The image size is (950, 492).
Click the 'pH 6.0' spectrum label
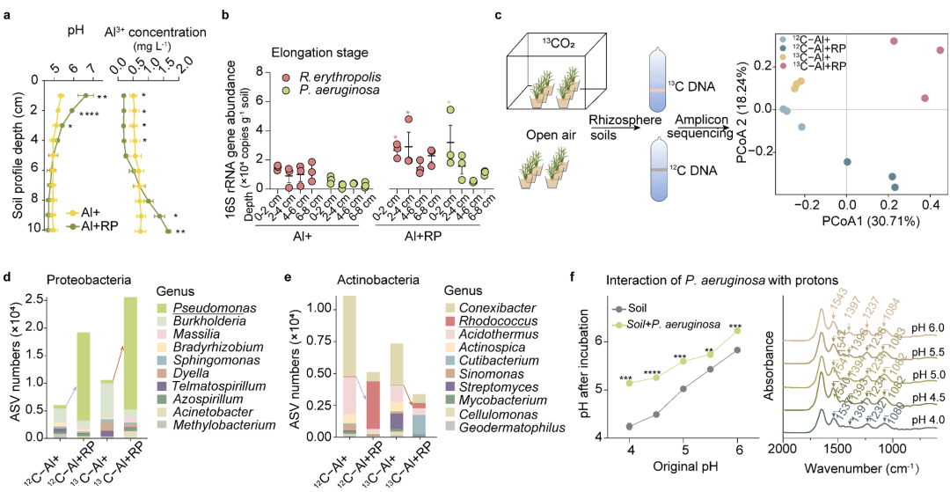pyautogui.click(x=925, y=327)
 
